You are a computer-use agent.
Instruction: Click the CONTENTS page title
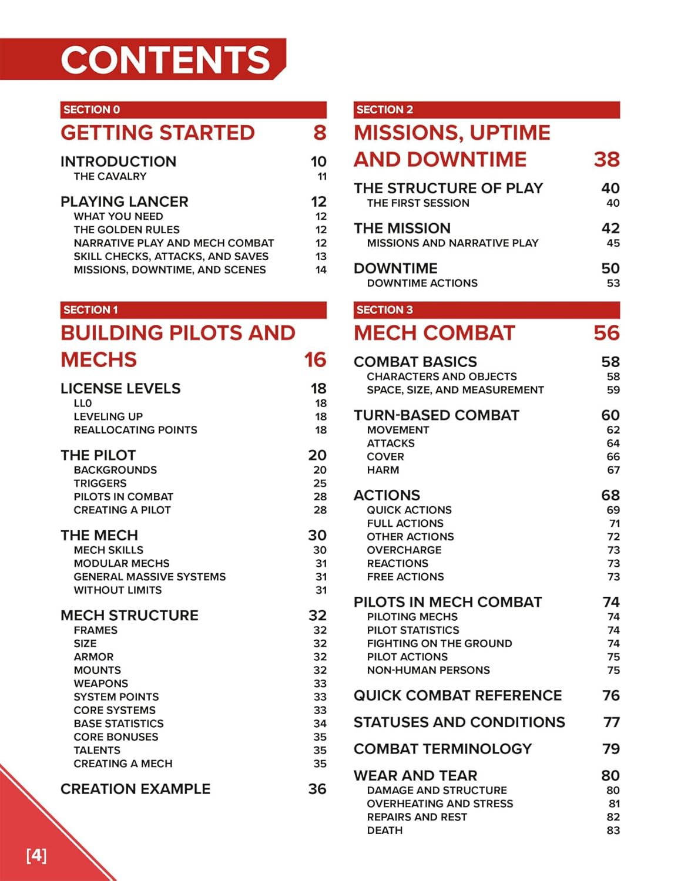pos(165,60)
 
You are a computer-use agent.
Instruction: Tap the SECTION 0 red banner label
pos(92,110)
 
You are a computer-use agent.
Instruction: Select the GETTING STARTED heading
pos(157,133)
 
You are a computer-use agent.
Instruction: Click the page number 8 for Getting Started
pos(320,133)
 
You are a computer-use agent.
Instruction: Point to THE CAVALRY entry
pos(110,176)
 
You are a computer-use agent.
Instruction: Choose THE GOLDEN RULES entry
pos(126,230)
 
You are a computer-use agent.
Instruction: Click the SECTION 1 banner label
pos(90,310)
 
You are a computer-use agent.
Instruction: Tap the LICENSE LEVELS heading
pos(120,388)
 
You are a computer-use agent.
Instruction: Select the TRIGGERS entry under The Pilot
pos(100,483)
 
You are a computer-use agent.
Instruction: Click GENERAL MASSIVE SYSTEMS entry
pos(149,577)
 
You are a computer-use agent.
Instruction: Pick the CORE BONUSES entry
pos(116,737)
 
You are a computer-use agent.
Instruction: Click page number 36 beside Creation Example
pos(317,789)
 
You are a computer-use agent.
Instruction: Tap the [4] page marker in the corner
pos(36,855)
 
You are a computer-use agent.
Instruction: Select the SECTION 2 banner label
pos(384,110)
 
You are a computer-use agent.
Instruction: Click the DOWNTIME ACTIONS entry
pos(422,283)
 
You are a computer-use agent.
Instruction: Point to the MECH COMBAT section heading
pos(434,333)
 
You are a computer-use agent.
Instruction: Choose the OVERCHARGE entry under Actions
pos(404,550)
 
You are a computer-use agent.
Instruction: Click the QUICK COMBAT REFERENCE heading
pos(458,695)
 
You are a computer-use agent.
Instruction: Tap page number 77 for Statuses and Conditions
pos(611,722)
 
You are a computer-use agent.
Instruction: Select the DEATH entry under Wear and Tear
pos(385,830)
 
